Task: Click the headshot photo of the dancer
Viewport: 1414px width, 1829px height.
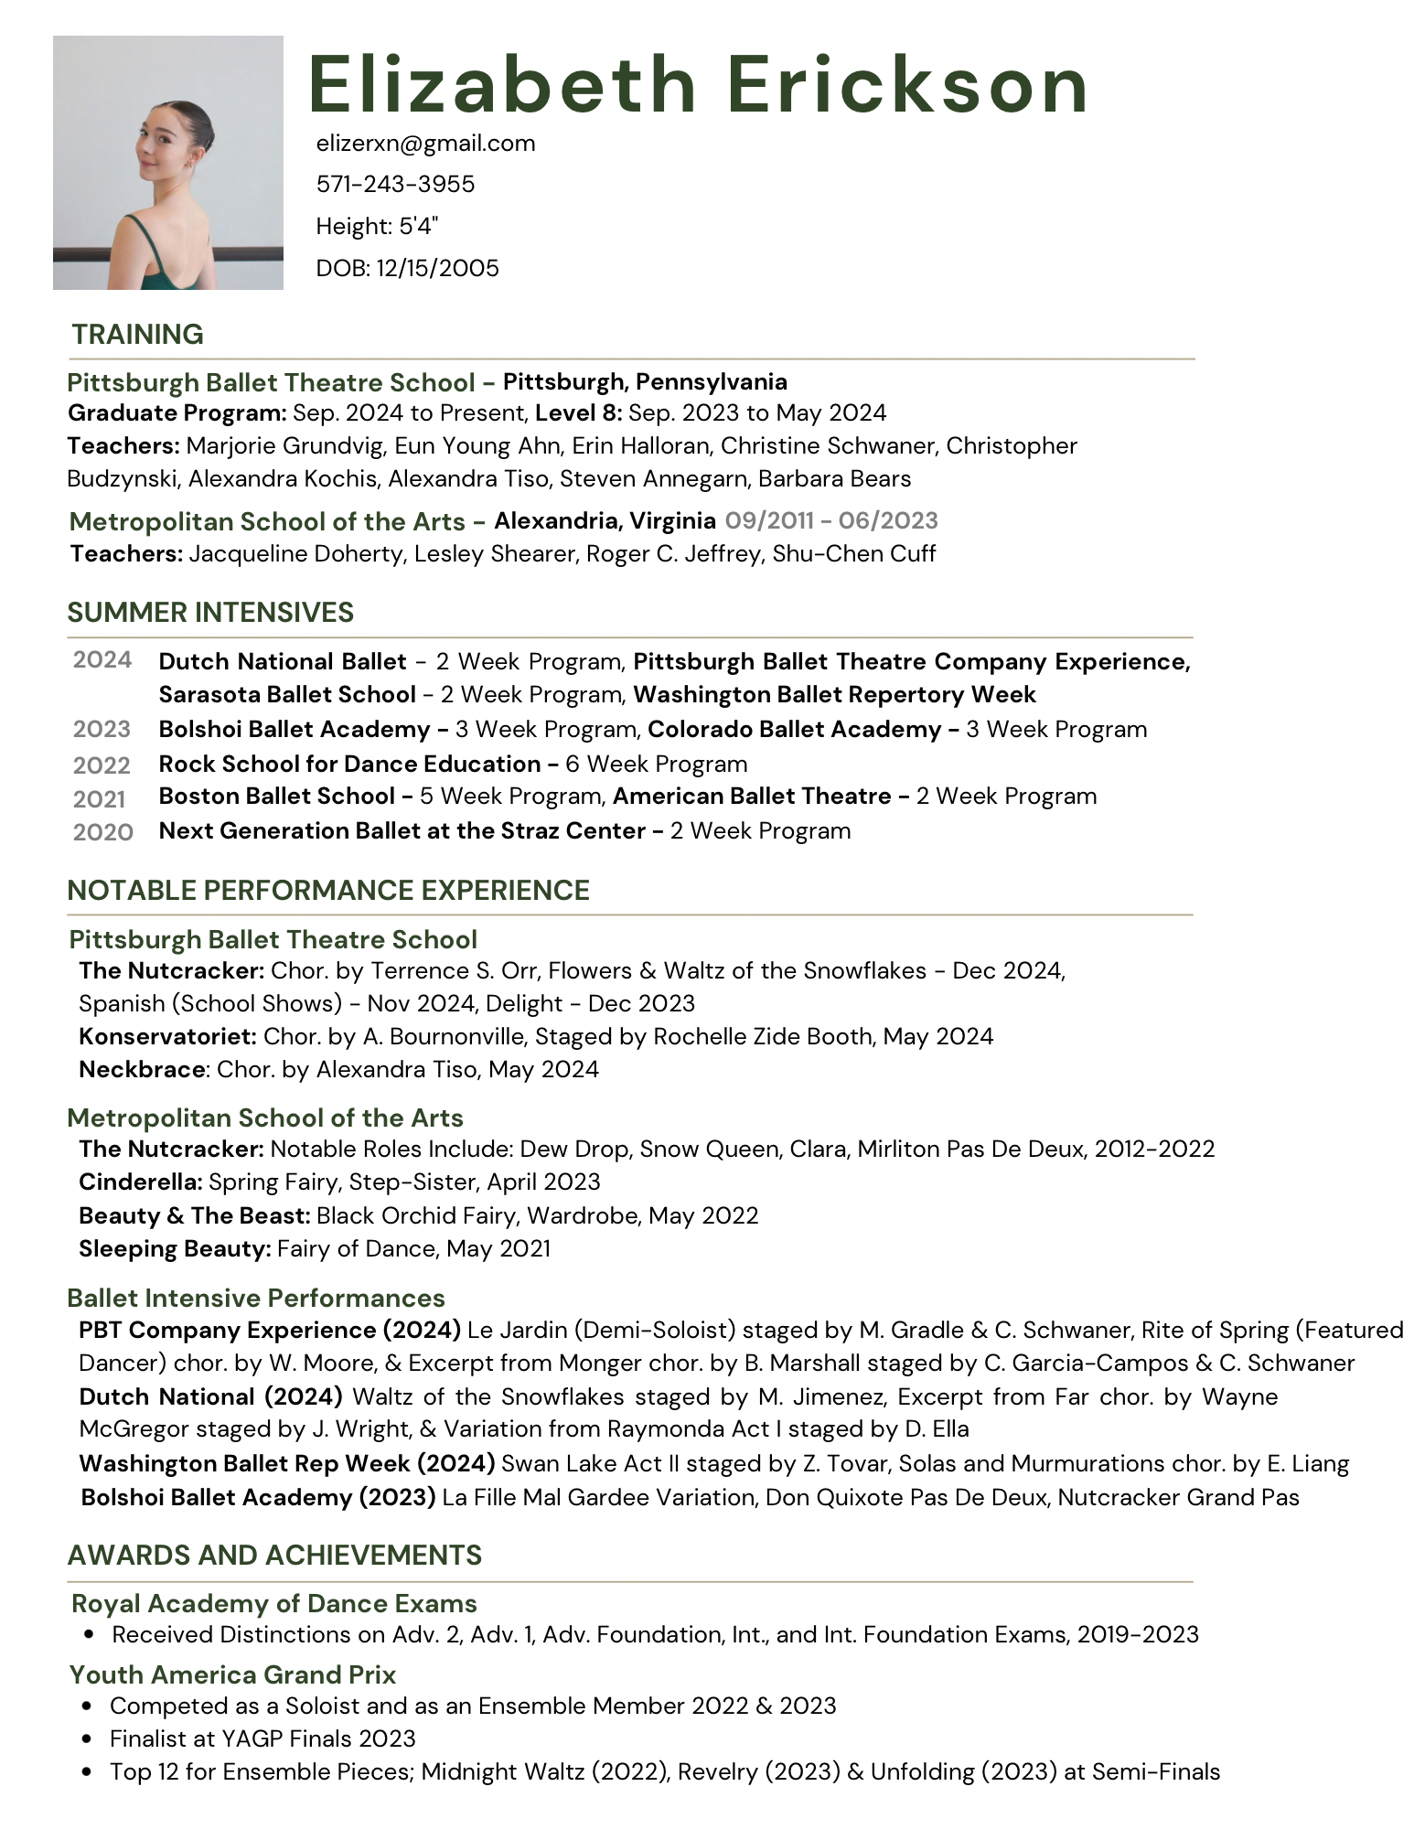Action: coord(168,163)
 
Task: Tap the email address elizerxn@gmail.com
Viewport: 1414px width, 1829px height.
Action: coord(425,144)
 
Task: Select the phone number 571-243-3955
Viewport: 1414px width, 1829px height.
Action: coord(395,185)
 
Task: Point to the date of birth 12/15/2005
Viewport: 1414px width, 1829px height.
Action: coord(437,268)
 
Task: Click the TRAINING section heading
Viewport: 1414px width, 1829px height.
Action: coord(137,335)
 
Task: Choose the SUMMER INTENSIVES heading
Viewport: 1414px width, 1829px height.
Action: coord(210,613)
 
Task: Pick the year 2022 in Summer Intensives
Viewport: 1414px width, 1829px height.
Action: coord(102,765)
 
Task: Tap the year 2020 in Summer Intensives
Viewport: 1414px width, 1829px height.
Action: coord(102,832)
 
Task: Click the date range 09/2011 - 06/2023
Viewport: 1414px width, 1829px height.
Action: coord(831,521)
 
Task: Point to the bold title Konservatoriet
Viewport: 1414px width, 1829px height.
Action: coord(167,1037)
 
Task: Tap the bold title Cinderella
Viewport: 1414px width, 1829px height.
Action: coord(140,1182)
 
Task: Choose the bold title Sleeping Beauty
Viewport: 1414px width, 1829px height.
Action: coord(174,1249)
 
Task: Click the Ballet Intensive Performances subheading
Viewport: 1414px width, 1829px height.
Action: coord(256,1299)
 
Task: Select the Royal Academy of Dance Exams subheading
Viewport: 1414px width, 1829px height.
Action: coord(274,1604)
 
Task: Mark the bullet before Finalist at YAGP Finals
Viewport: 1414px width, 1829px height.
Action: coord(87,1739)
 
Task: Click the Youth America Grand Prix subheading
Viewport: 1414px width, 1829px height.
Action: coord(233,1675)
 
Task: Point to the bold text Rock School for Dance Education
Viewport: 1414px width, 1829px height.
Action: coord(349,765)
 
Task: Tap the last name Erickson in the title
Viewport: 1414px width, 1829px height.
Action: coord(906,85)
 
